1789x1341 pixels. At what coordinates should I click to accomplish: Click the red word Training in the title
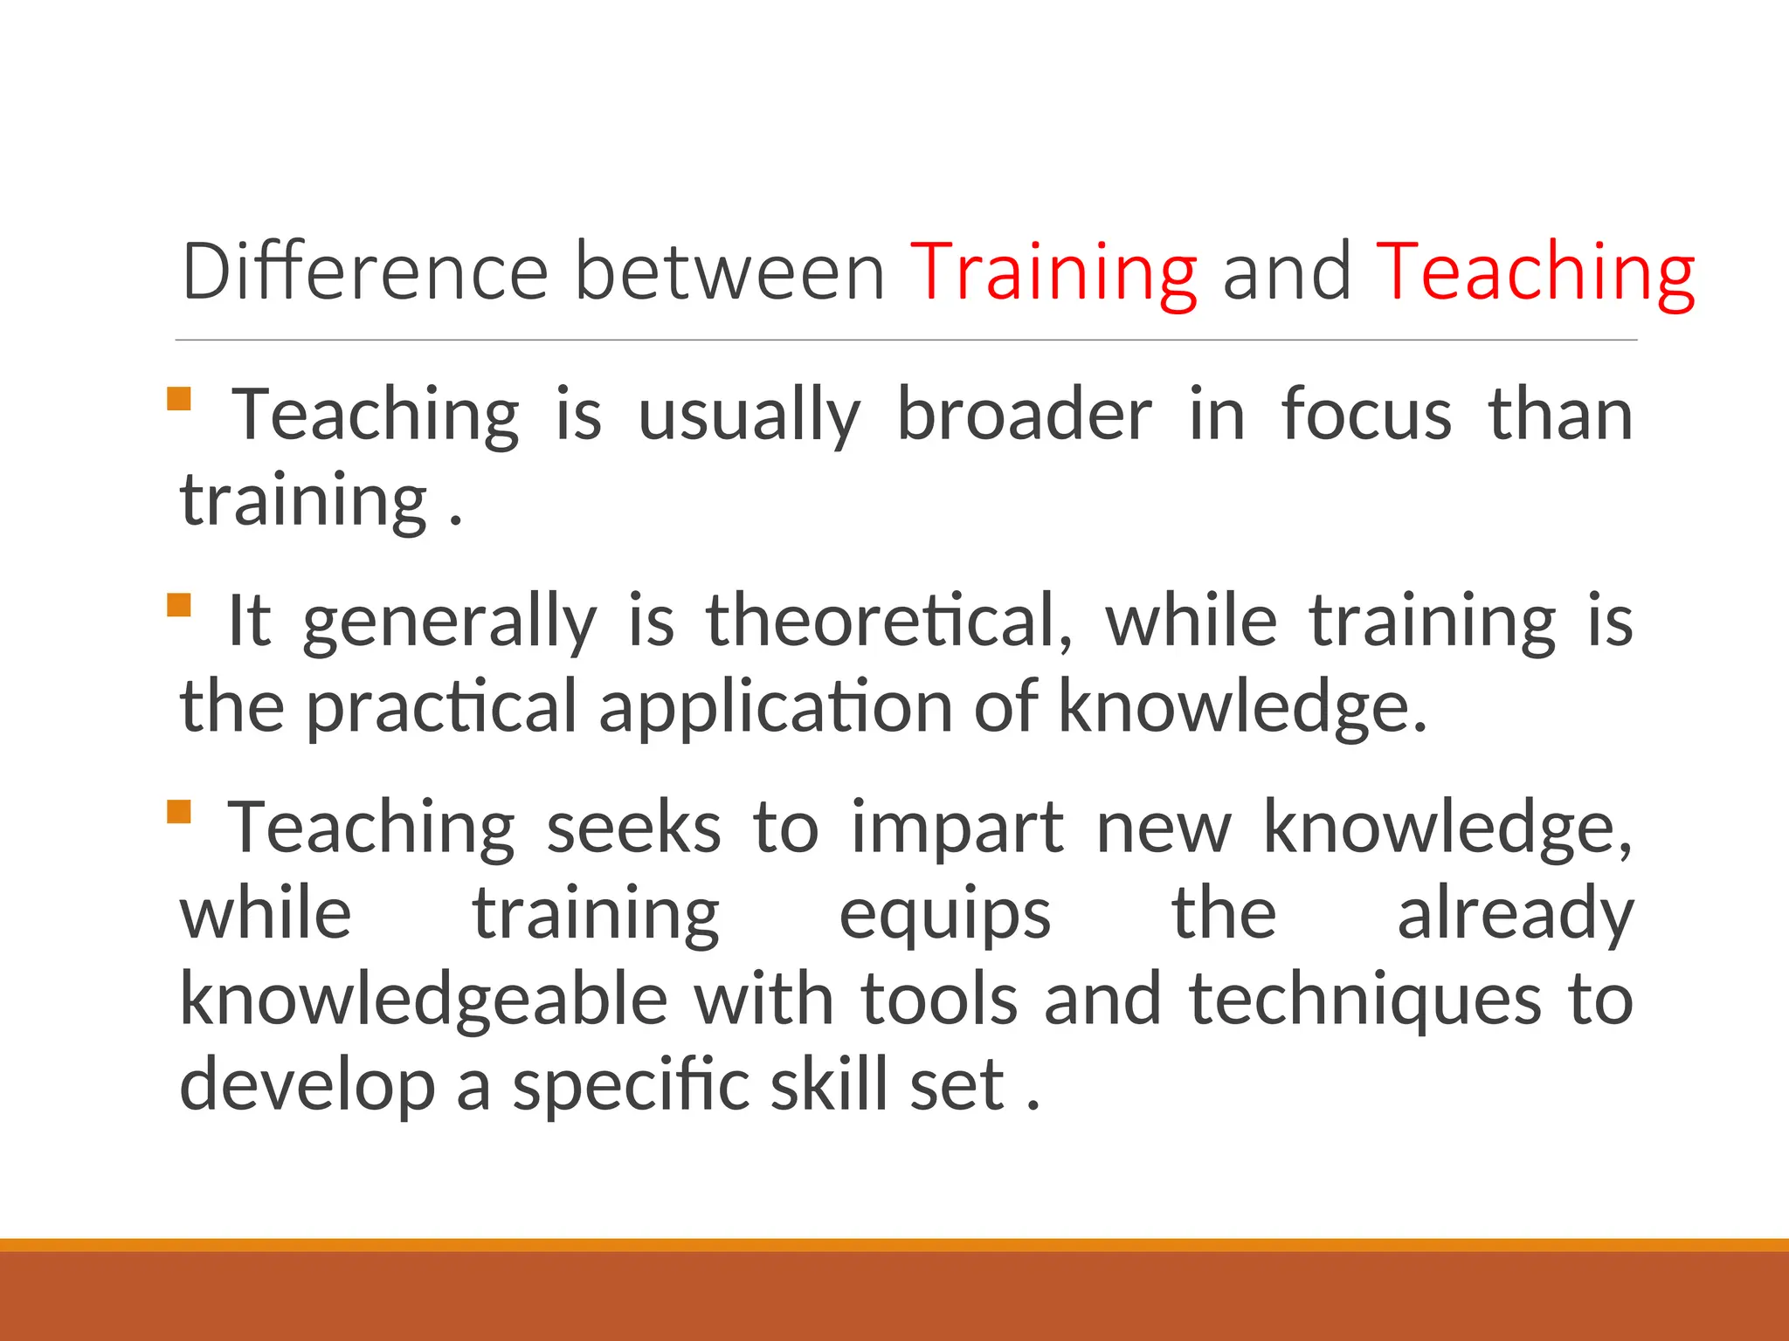tap(1053, 273)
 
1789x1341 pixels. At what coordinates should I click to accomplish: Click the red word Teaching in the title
tap(1535, 273)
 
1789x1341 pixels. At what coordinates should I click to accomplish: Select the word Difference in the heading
tap(364, 272)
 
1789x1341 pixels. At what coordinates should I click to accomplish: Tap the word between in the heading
tap(730, 272)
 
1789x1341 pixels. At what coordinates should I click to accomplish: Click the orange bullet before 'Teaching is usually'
tap(179, 399)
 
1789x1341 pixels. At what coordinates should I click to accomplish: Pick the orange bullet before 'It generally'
tap(179, 605)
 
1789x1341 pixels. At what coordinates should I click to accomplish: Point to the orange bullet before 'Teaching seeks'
tap(179, 812)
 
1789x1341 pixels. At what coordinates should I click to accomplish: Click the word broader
tap(1024, 415)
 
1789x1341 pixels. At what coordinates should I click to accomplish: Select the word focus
tap(1366, 415)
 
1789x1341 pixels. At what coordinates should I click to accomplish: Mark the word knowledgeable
tap(424, 1000)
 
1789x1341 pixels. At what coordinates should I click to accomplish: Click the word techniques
tap(1365, 1000)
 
